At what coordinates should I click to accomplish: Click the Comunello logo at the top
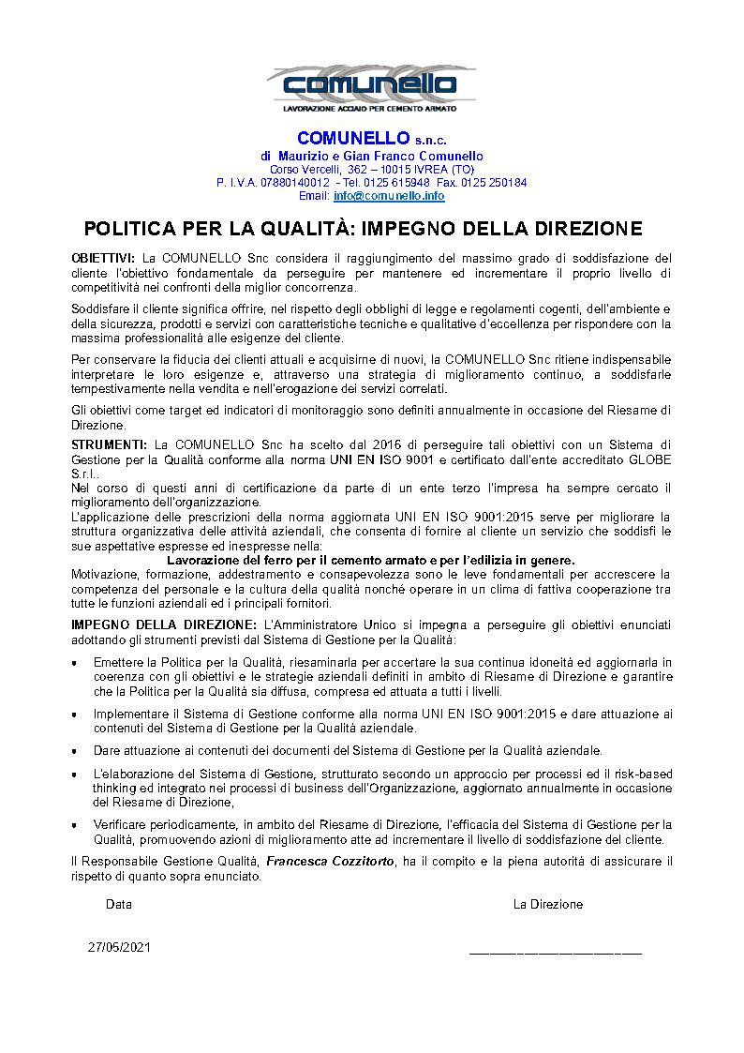(x=371, y=86)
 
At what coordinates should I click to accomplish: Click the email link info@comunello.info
(x=389, y=196)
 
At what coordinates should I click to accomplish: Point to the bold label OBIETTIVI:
(x=103, y=258)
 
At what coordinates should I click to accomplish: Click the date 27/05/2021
(x=119, y=947)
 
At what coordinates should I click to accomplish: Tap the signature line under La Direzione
(x=555, y=953)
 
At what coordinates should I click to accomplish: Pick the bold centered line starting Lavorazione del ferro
(x=370, y=560)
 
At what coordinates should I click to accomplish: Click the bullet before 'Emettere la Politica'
(x=75, y=663)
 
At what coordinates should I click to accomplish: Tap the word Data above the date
(x=119, y=905)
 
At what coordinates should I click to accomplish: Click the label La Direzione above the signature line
(x=548, y=905)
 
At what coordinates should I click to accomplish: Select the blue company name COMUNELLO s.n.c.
(x=371, y=139)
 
